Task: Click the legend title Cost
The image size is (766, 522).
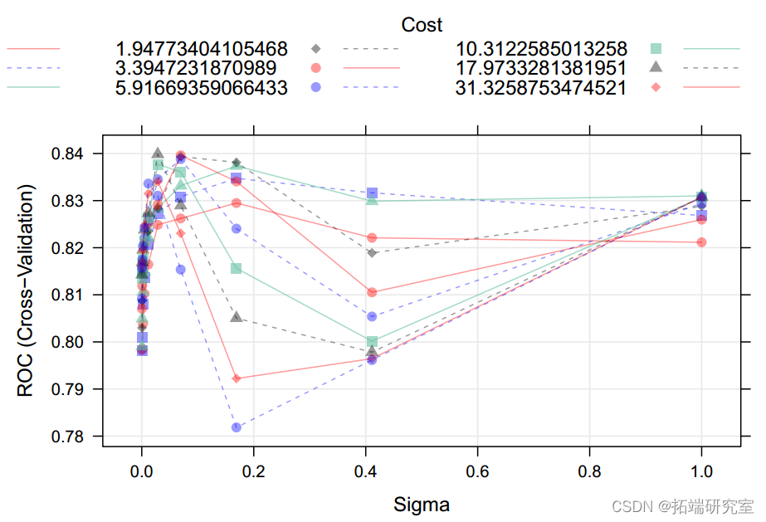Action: pyautogui.click(x=422, y=25)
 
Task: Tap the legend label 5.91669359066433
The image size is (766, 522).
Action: pyautogui.click(x=202, y=87)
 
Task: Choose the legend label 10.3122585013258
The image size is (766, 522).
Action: pyautogui.click(x=540, y=48)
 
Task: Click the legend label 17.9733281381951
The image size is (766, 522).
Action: pyautogui.click(x=540, y=67)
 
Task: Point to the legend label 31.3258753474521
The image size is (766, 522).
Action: pyautogui.click(x=540, y=87)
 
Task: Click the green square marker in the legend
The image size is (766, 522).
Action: pyautogui.click(x=656, y=48)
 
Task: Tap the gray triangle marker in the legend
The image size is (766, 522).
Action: pyautogui.click(x=656, y=66)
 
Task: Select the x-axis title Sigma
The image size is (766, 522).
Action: pyautogui.click(x=422, y=504)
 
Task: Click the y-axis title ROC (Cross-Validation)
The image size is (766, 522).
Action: pyautogui.click(x=27, y=294)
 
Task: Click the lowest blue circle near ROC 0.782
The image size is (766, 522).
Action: pyautogui.click(x=237, y=427)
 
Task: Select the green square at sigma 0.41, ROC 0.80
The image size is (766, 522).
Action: pyautogui.click(x=372, y=342)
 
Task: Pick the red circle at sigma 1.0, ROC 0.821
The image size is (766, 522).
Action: pyautogui.click(x=702, y=242)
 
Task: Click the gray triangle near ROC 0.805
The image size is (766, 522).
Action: pyautogui.click(x=237, y=317)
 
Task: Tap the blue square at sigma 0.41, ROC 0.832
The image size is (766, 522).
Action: pyautogui.click(x=372, y=193)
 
